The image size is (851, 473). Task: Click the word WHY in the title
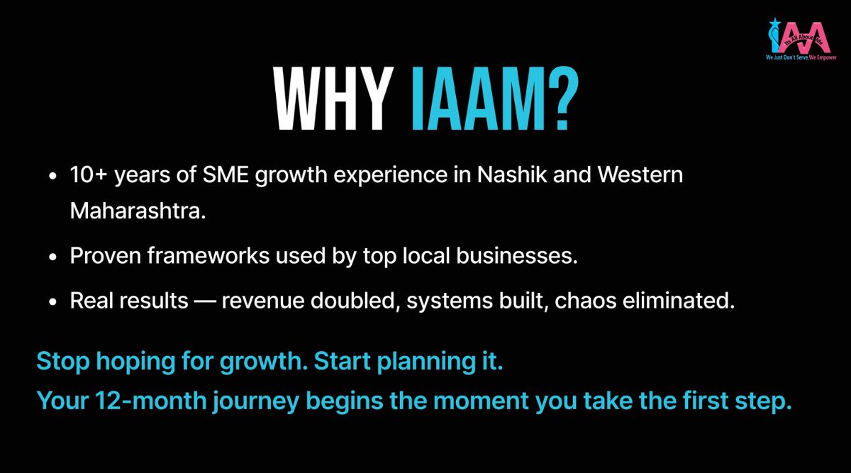click(x=333, y=99)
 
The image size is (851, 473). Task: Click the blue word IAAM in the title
click(x=478, y=99)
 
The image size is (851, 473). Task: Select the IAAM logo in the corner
click(x=801, y=39)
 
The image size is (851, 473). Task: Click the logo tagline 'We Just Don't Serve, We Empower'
click(x=801, y=57)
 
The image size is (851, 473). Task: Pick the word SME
click(x=226, y=174)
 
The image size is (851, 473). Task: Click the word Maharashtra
click(x=138, y=211)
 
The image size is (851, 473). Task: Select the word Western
click(x=640, y=174)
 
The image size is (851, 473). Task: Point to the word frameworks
click(x=208, y=255)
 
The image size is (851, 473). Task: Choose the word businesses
click(x=517, y=255)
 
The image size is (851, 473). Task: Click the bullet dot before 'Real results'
click(x=52, y=302)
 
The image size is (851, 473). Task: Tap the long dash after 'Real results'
click(x=205, y=301)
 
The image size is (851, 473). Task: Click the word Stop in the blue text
click(x=63, y=361)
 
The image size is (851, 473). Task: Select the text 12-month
click(x=150, y=401)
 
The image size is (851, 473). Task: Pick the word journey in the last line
click(x=256, y=402)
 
